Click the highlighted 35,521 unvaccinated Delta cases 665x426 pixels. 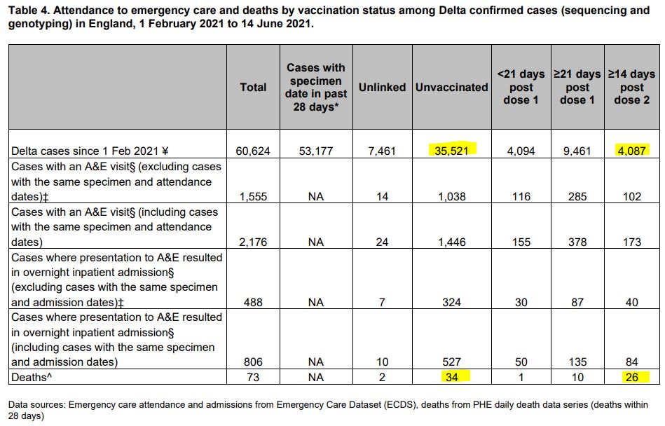451,150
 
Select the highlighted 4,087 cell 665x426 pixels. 631,150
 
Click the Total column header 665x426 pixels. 253,87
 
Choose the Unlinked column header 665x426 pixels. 382,87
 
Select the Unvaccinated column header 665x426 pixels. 451,87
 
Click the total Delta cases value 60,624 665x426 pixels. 253,151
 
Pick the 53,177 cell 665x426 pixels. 315,151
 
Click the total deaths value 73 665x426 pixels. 253,378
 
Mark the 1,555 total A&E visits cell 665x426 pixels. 253,197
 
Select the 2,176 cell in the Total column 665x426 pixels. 253,242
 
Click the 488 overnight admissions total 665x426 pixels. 253,303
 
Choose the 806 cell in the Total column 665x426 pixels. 253,362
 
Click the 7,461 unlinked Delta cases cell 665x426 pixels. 382,151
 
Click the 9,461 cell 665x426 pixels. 577,151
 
